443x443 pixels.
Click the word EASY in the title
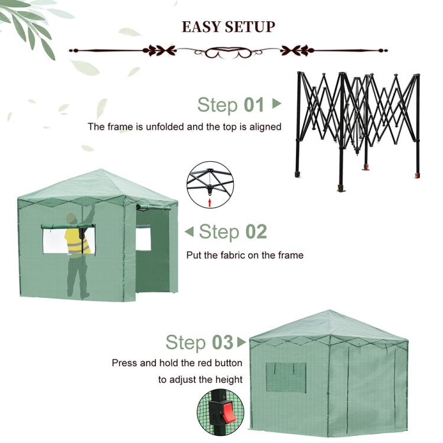coord(201,27)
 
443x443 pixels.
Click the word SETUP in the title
coord(250,27)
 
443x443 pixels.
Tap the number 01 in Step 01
coord(254,105)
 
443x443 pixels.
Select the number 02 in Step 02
coord(256,232)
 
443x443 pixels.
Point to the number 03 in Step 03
coord(223,342)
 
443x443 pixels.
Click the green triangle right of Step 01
coord(276,103)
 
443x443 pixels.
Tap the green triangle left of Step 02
coord(189,232)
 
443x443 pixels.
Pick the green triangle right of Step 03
coord(242,342)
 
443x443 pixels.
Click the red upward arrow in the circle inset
coord(209,202)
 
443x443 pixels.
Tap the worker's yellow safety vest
coord(77,241)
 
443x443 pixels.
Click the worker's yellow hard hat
coord(71,217)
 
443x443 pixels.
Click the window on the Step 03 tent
coord(286,378)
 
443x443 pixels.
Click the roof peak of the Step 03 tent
coord(330,311)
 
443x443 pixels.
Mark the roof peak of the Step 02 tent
coord(101,170)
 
